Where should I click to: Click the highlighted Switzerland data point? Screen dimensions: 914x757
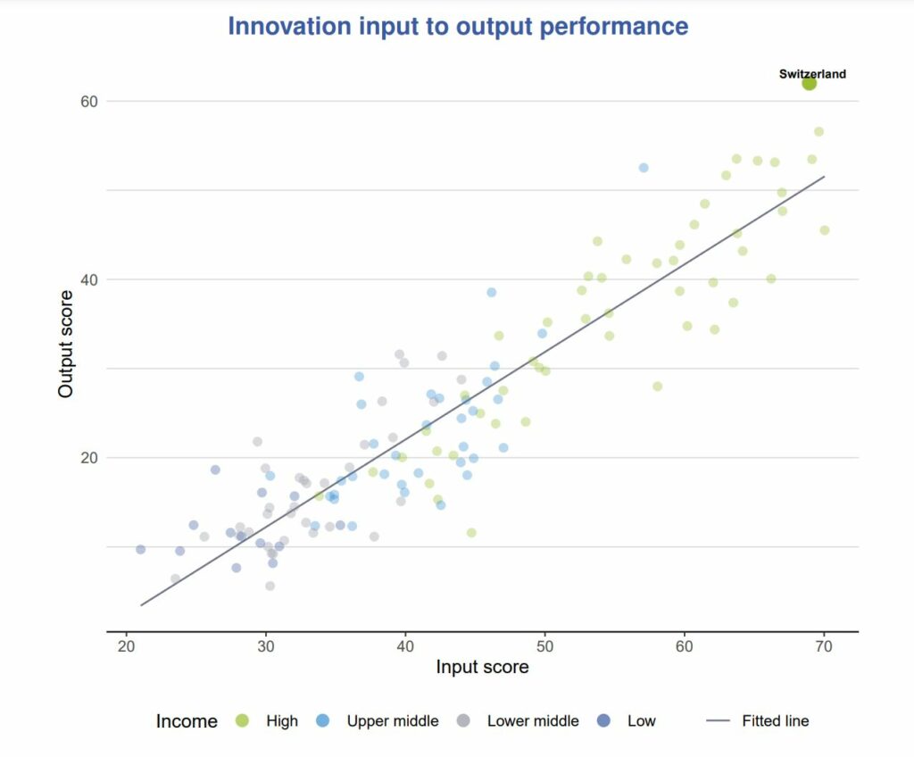(809, 83)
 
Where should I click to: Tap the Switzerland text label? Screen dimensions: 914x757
(812, 73)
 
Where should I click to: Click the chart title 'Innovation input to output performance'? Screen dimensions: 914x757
(458, 26)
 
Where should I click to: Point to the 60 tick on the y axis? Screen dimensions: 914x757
(89, 102)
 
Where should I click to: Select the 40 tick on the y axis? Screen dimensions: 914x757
(89, 280)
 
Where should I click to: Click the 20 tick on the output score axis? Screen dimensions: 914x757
(89, 458)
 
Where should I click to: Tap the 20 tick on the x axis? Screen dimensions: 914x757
(126, 646)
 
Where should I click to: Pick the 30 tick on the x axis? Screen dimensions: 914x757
(266, 646)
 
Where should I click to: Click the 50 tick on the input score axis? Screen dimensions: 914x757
(544, 646)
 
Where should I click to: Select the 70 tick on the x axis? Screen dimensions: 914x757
(824, 646)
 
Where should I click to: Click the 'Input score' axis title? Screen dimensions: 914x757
(482, 667)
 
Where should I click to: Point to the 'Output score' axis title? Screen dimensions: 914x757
(65, 344)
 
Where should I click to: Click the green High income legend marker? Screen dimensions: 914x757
(242, 720)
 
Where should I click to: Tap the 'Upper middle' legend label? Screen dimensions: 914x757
(393, 720)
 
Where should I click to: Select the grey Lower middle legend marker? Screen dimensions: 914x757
(463, 720)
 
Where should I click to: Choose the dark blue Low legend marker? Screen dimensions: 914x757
(604, 720)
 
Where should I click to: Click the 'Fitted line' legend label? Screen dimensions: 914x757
(776, 720)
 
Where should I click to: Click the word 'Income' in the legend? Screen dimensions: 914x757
(187, 721)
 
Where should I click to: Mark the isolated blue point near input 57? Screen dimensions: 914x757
(644, 168)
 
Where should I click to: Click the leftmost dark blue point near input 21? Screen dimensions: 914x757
(140, 549)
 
